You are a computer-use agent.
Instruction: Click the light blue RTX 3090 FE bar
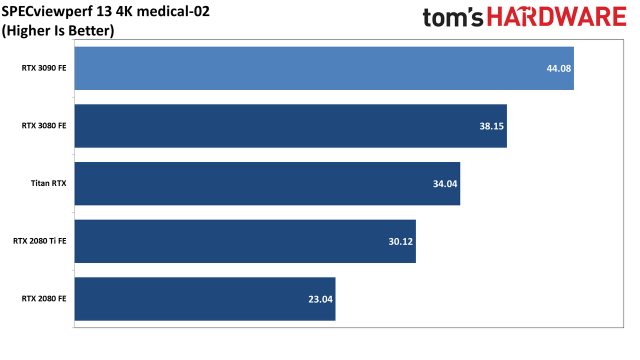(324, 68)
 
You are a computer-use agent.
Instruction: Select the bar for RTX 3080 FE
(290, 126)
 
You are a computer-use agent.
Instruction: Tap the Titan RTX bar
(267, 183)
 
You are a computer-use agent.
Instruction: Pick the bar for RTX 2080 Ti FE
(245, 241)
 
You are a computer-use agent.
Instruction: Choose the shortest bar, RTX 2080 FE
(205, 299)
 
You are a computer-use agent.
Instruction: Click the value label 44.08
(558, 68)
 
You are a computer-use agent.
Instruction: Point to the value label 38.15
(491, 126)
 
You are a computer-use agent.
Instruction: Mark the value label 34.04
(445, 184)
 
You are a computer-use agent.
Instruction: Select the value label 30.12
(400, 241)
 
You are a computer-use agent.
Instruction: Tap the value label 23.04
(320, 299)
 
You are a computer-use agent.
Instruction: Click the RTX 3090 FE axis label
(44, 68)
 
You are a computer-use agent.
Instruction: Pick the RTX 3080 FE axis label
(44, 125)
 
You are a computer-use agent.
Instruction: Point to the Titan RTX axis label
(48, 183)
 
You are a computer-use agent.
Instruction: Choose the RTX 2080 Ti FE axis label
(39, 241)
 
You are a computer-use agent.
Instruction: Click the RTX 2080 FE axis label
(44, 298)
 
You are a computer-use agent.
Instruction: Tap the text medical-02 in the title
(173, 11)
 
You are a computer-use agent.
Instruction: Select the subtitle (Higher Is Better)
(58, 30)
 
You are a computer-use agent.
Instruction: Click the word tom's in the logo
(453, 17)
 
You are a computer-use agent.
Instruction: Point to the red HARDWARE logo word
(557, 16)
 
